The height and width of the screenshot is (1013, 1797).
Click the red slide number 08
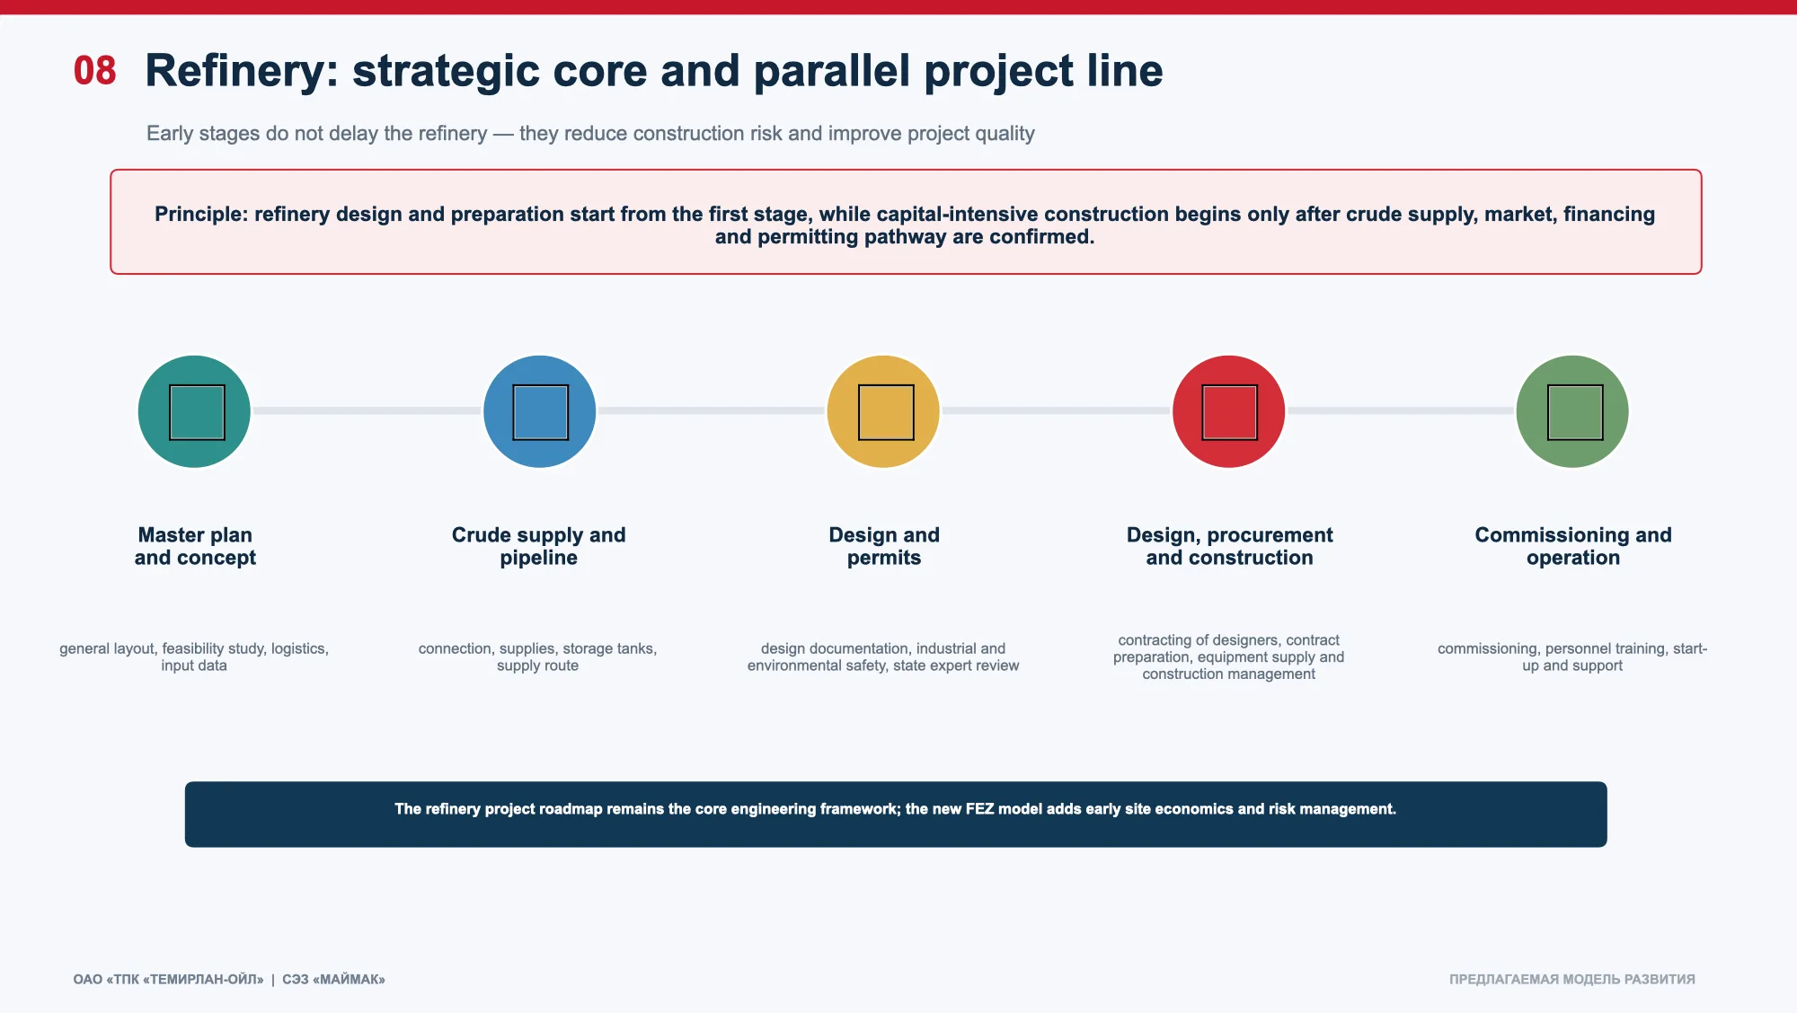(95, 71)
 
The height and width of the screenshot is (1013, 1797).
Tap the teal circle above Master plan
(194, 411)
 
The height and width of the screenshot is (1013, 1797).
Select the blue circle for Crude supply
(539, 411)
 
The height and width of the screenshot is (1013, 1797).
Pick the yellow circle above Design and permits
(883, 411)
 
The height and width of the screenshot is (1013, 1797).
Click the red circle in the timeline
(1228, 411)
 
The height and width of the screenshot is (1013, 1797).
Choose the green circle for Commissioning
(1572, 411)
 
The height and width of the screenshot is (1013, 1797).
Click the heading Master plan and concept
(195, 546)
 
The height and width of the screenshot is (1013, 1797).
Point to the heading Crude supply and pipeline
(539, 546)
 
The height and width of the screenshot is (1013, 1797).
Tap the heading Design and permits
(884, 546)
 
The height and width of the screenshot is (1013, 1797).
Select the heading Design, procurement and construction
(1229, 546)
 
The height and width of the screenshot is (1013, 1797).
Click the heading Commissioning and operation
(1573, 546)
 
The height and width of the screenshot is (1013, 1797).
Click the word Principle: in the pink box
(201, 215)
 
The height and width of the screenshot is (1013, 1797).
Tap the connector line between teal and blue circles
(367, 410)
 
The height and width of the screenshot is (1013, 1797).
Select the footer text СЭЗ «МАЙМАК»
(333, 979)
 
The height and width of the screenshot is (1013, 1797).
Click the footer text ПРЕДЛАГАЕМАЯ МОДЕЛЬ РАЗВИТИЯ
(1572, 979)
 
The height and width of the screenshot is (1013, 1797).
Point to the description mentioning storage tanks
(537, 656)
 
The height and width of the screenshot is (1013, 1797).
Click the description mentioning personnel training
(1572, 656)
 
